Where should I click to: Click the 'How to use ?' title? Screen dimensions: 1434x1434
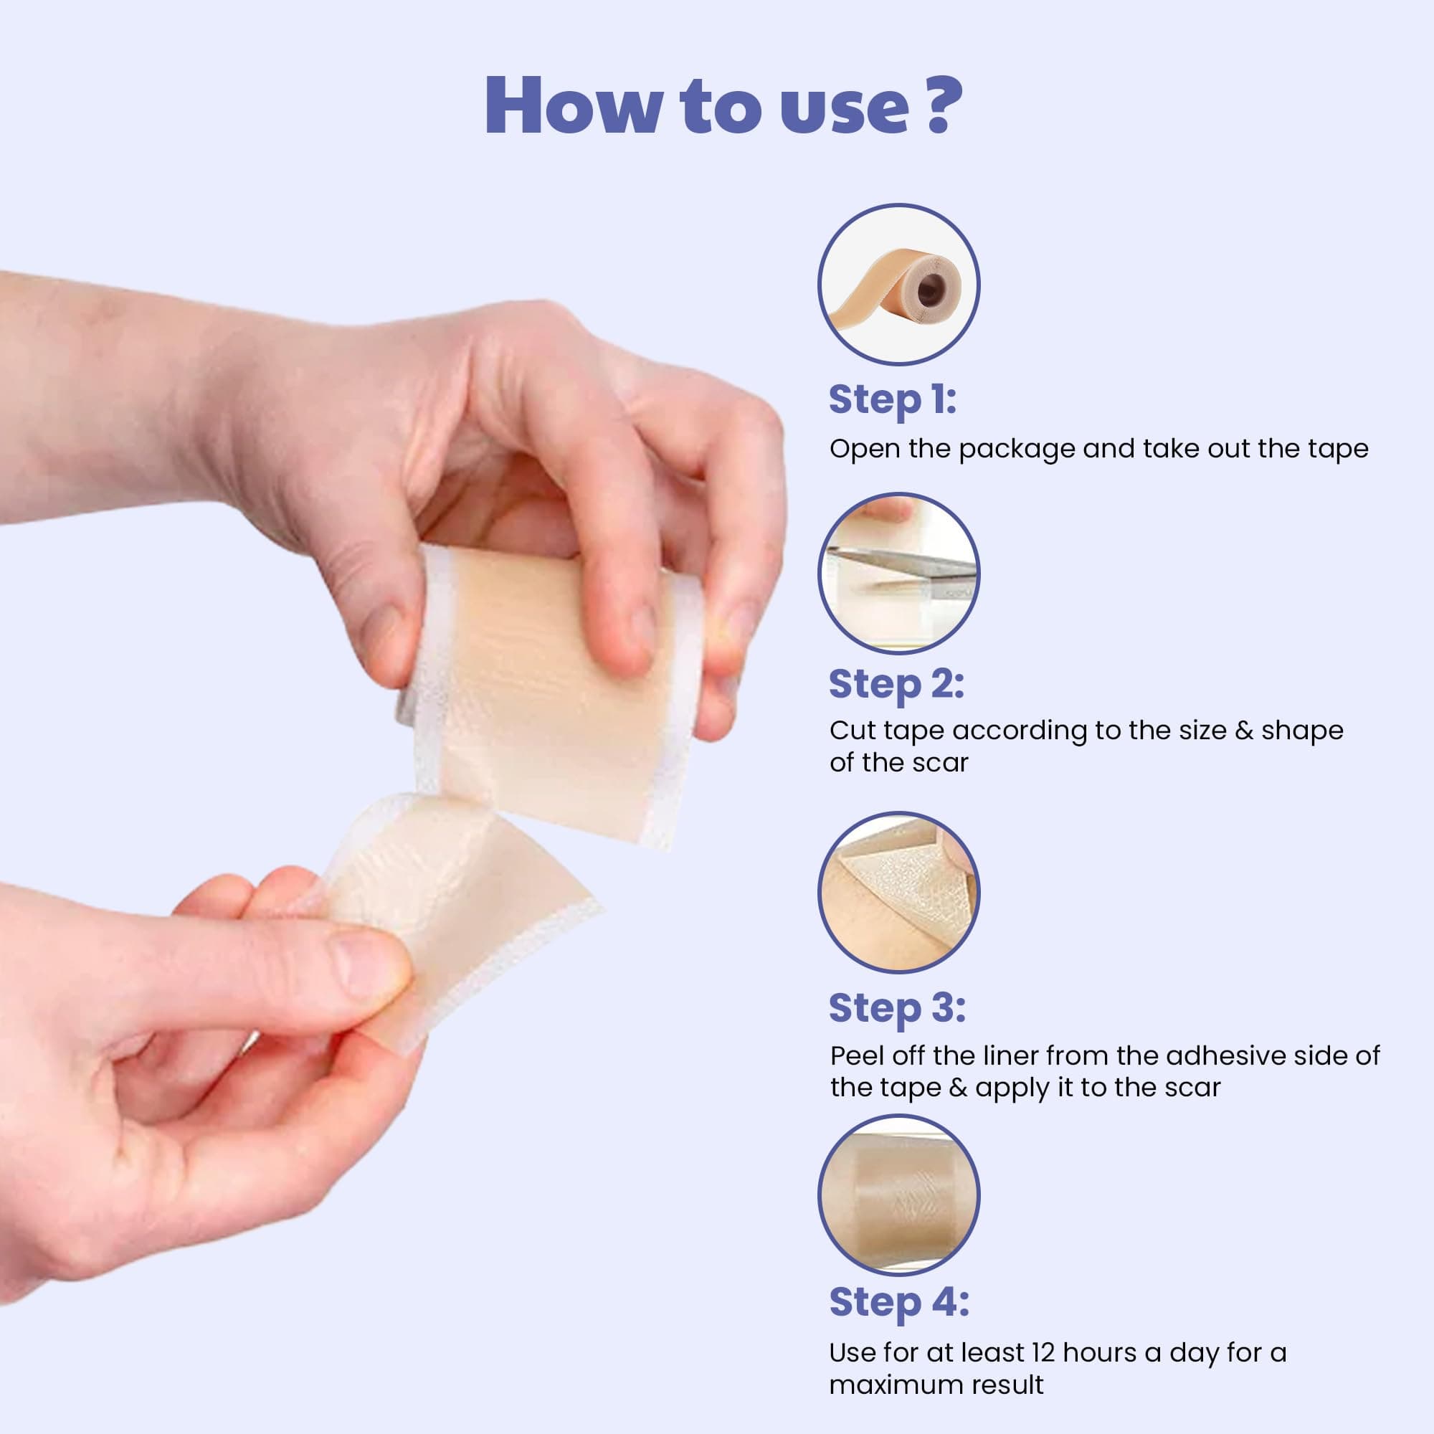(723, 105)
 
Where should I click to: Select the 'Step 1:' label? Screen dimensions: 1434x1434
(892, 400)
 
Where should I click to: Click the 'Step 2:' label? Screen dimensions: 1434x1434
(896, 683)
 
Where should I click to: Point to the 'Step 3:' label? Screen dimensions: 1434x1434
(897, 1008)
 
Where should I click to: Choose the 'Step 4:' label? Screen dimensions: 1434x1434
(898, 1302)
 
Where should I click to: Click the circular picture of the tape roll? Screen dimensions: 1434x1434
(899, 284)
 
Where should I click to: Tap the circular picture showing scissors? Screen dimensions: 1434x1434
(899, 573)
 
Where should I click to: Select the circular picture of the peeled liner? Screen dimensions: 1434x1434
(899, 891)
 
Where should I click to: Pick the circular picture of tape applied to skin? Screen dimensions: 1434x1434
(899, 1196)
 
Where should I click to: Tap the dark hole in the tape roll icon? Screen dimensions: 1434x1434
(929, 290)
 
